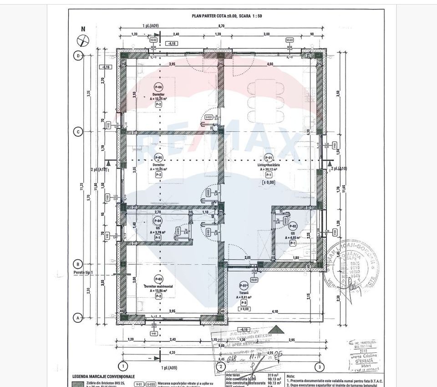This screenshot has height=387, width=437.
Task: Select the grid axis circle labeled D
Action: (x=78, y=56)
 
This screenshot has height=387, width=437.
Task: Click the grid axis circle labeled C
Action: (x=78, y=132)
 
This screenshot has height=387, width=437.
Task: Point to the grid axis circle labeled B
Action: (x=78, y=264)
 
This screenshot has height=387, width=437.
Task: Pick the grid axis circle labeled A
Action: (x=78, y=317)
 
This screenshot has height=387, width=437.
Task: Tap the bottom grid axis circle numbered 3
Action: (x=320, y=366)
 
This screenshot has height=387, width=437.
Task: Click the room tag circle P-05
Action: (x=158, y=158)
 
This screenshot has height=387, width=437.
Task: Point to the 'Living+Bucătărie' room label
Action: (x=269, y=165)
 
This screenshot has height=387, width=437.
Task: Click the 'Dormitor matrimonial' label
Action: (x=158, y=287)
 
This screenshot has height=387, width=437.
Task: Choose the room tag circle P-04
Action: (x=158, y=221)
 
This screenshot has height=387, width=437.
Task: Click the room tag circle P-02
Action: (x=293, y=226)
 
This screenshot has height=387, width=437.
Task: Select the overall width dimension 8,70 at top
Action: (x=220, y=27)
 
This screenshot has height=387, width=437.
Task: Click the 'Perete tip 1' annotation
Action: (x=82, y=273)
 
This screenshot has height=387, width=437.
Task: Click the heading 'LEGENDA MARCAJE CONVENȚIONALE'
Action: (x=103, y=377)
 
